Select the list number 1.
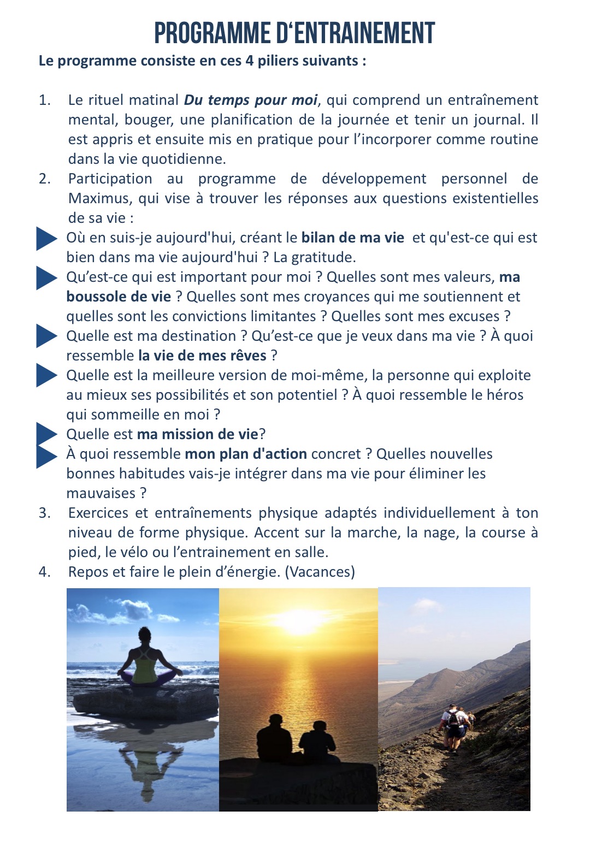click(x=44, y=100)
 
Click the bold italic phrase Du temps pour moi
click(x=250, y=100)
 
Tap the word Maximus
click(x=100, y=198)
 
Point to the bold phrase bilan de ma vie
click(x=353, y=238)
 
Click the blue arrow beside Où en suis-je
click(x=46, y=239)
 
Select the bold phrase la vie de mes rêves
click(x=202, y=356)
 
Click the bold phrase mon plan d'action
click(x=246, y=454)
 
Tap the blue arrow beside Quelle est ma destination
click(x=46, y=336)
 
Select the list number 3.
click(x=44, y=513)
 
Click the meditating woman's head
click(x=145, y=636)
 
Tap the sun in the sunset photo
click(x=299, y=620)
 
